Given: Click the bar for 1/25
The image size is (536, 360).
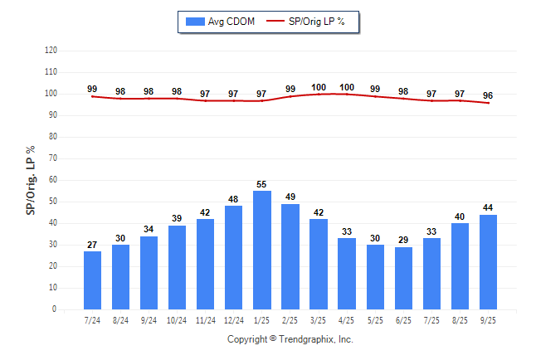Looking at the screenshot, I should pos(262,250).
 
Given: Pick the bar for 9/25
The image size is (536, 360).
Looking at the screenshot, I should pos(488,262).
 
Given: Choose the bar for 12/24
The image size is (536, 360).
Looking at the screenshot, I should pos(234,257).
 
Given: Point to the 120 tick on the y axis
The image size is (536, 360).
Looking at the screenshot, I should pos(51,51).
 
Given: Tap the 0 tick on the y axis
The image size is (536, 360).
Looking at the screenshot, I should pos(55,309).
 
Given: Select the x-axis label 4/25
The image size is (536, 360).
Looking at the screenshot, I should pos(347,319).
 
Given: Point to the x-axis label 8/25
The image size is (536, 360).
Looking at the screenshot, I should pos(460,319).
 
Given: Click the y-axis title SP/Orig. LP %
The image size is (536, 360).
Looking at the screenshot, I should pos(31,179).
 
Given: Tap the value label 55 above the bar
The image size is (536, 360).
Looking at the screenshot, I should pos(262,184).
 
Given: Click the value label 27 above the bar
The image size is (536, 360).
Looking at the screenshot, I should pos(93,245).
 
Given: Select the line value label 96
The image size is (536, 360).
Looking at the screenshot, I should pos(488,95).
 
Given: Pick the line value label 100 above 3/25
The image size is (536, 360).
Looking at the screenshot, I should pos(319,87).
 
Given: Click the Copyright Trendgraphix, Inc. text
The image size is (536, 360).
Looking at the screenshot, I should pos(290,339).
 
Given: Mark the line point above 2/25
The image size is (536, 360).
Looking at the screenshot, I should pos(290,96).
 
